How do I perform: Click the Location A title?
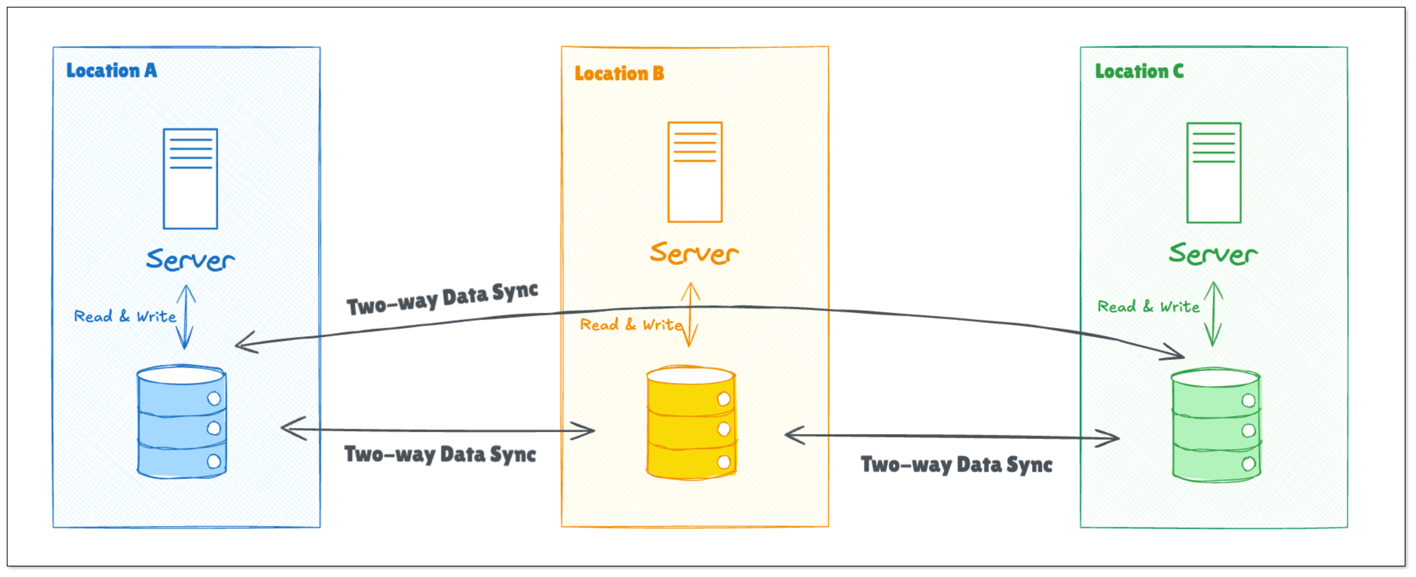click(x=111, y=71)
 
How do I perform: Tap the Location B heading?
click(x=619, y=74)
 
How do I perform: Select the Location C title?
click(x=1139, y=72)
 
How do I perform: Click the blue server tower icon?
click(x=190, y=179)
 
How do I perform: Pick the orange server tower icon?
click(x=695, y=172)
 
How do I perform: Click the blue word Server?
click(x=190, y=259)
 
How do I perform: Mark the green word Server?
click(x=1213, y=254)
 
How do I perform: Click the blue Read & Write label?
click(x=125, y=316)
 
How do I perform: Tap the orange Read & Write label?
click(x=631, y=325)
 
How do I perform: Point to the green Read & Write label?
click(x=1148, y=307)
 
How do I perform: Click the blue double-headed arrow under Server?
click(x=186, y=317)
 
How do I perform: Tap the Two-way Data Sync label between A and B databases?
click(x=440, y=455)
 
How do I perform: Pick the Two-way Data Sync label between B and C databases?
click(x=957, y=465)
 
